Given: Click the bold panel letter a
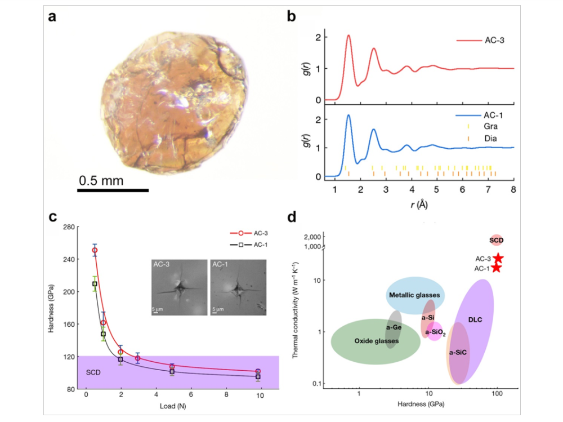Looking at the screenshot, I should pos(52,17).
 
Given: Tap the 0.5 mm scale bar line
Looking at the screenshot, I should pos(113,190).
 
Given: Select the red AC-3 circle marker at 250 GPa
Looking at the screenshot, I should pos(95,250).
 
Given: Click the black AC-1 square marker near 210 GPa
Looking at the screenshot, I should pos(95,284).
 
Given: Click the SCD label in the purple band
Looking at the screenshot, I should pos(93,372).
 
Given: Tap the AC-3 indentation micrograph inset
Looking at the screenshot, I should pos(178,287).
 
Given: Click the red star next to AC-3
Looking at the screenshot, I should pos(498,258).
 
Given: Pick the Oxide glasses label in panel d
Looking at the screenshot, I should pos(376,341).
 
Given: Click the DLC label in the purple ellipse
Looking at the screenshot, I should pos(475,319).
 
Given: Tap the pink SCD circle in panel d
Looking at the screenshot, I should pos(496,240).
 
